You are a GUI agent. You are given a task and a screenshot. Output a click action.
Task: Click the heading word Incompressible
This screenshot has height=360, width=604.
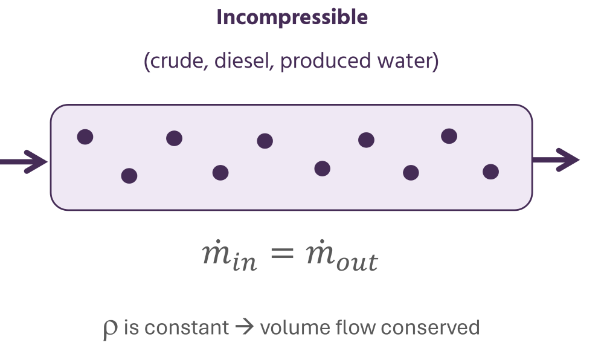[x=292, y=18]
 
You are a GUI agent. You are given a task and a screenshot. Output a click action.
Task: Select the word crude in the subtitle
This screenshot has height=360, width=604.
[x=171, y=62]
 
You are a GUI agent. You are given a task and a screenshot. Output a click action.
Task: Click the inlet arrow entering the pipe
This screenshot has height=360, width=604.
[x=24, y=161]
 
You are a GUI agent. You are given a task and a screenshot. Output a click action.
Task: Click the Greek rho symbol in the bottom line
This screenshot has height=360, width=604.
[x=111, y=329]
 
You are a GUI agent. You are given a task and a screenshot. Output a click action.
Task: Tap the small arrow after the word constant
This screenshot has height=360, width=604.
[x=245, y=328]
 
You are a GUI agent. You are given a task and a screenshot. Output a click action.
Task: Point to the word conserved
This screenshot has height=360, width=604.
[x=430, y=328]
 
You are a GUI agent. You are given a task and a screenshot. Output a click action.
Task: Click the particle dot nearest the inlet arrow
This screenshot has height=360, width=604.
[x=85, y=137]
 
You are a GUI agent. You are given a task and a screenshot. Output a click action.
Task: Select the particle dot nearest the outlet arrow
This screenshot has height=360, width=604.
[x=490, y=172]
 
